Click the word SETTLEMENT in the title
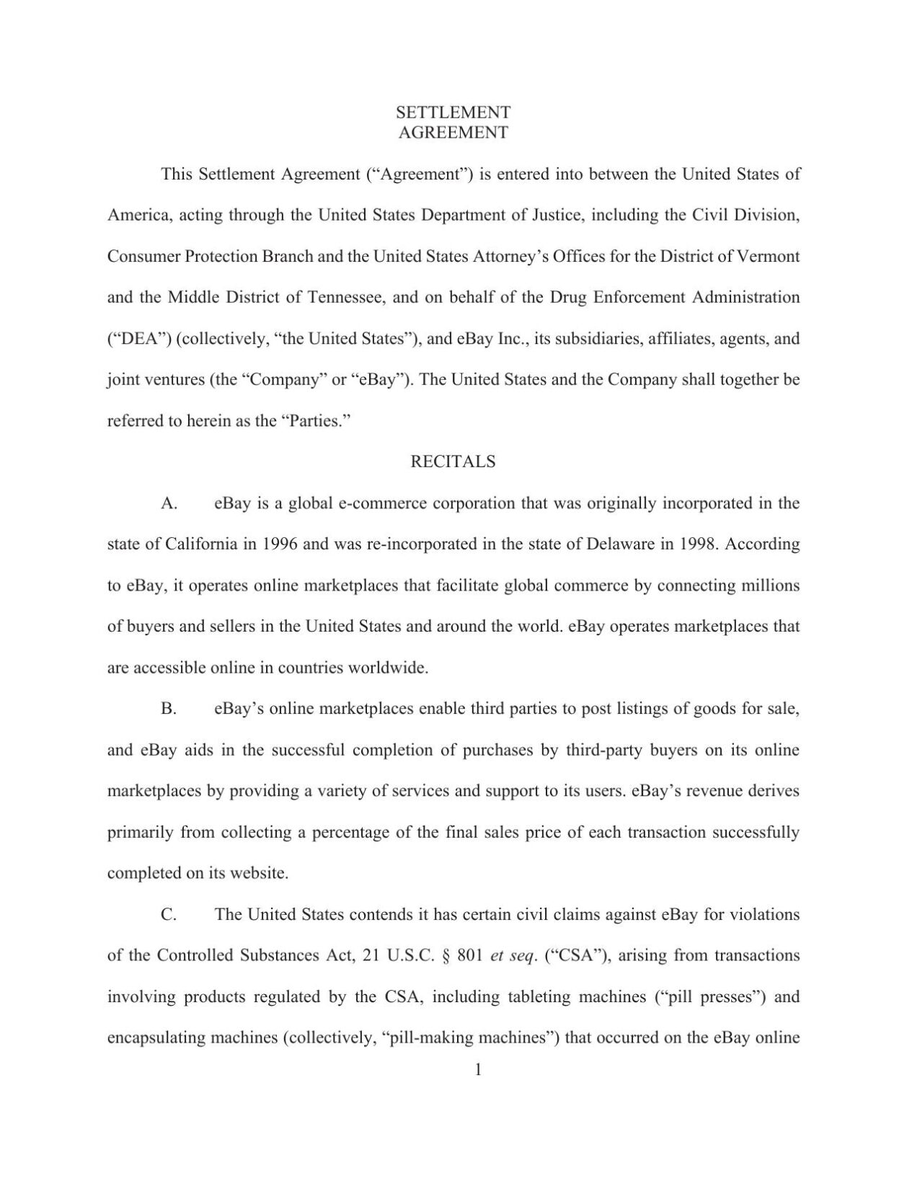453,112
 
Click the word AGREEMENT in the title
453,133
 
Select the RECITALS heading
453,462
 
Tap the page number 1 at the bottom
477,1070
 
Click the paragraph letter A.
169,504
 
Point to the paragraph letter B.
169,709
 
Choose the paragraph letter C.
169,915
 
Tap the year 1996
280,544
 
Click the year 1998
698,544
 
